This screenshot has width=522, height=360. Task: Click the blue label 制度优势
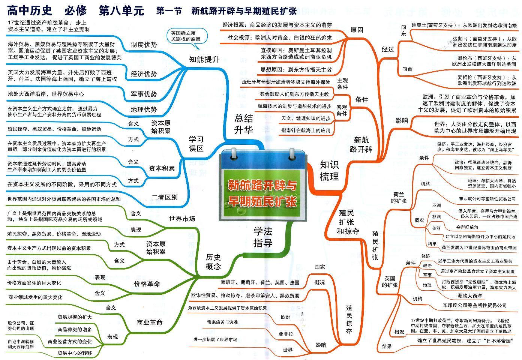tap(144, 45)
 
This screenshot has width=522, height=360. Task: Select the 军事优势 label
tap(144, 94)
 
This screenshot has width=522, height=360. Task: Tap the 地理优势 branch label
tap(144, 109)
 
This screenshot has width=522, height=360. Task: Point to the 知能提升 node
tap(204, 59)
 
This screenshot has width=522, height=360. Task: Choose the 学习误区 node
tap(196, 144)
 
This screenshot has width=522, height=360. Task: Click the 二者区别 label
tap(165, 197)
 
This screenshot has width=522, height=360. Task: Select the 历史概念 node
tap(213, 261)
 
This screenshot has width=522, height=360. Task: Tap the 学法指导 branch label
tap(262, 237)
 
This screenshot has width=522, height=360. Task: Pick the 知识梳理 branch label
tap(329, 170)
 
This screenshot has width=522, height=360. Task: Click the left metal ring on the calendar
tap(235, 153)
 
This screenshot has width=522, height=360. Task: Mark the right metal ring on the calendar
tap(292, 153)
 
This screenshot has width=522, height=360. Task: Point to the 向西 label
tap(407, 69)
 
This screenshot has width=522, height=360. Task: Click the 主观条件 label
tap(342, 84)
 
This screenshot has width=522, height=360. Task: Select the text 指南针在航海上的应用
tap(306, 130)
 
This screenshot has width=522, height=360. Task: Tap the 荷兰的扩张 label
tap(399, 198)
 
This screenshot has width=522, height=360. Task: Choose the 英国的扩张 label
tap(390, 282)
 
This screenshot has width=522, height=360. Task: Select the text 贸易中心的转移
tap(74, 353)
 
